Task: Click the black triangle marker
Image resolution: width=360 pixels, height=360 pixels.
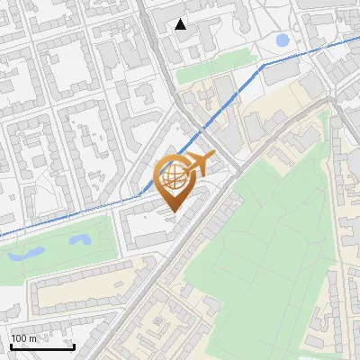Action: (181, 24)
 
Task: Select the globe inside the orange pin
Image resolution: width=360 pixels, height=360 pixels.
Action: (173, 176)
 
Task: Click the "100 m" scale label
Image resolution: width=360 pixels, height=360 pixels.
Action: (24, 338)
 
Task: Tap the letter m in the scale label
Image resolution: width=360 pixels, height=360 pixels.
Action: (33, 338)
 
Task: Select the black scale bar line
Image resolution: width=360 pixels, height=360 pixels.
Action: (41, 347)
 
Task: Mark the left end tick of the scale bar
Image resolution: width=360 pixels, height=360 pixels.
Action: (11, 346)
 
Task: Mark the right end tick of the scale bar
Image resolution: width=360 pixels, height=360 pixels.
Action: (73, 346)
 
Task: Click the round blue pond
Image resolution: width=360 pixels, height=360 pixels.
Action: (283, 40)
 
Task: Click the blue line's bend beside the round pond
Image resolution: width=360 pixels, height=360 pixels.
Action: (263, 65)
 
